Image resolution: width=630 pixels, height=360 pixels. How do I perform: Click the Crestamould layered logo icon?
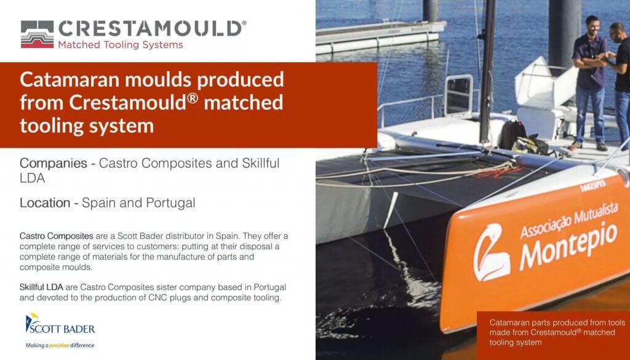coord(37,34)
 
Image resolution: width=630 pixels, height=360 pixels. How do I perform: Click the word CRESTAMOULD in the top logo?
coord(150,29)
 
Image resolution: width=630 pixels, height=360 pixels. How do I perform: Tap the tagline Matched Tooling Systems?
coord(121,44)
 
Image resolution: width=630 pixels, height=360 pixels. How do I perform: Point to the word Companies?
coord(54,164)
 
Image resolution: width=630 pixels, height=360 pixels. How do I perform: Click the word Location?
coord(45,203)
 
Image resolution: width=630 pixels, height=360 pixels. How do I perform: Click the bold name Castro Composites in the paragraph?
coord(56,236)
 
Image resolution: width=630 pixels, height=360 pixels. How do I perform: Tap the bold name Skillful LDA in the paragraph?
coord(41,287)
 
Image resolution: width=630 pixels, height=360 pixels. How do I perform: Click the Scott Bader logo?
coord(60,324)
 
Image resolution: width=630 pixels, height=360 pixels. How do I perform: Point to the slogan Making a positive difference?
coord(60,345)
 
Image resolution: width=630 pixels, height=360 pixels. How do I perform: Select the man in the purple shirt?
coord(590,82)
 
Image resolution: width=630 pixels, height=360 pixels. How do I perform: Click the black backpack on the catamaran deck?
coord(512,135)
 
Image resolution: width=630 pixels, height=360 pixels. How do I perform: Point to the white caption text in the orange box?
coord(557,332)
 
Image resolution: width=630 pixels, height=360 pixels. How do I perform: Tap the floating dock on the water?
coord(380,36)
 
